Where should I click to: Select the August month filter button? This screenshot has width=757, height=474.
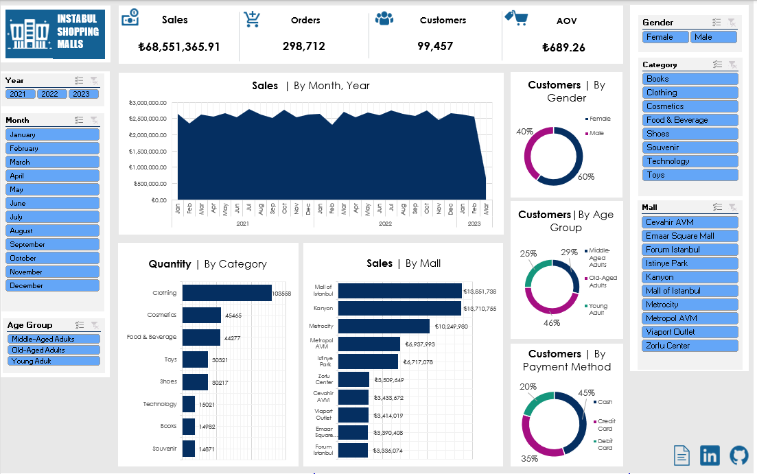(x=52, y=231)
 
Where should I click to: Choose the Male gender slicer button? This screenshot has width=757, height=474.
(x=714, y=37)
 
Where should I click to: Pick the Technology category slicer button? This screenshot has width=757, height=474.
(x=690, y=161)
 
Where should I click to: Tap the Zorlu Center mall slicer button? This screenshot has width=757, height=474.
(x=690, y=346)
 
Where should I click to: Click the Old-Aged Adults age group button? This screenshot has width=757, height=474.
(x=54, y=350)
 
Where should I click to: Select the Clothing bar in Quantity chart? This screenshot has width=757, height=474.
(x=226, y=293)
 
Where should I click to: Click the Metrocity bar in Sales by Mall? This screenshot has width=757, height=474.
(x=384, y=326)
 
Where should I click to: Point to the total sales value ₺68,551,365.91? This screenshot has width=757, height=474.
(x=179, y=47)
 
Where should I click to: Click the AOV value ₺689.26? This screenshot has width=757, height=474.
(x=563, y=47)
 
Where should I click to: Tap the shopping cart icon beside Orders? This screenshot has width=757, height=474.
(x=252, y=20)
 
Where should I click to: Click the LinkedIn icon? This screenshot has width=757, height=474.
(x=710, y=455)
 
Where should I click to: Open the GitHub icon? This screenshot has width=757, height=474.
(x=738, y=455)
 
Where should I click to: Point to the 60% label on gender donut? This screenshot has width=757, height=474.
(x=585, y=177)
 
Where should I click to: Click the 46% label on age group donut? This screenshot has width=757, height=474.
(x=552, y=322)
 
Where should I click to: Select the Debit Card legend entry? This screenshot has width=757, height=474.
(x=604, y=445)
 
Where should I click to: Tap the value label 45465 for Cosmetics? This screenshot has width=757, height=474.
(x=233, y=316)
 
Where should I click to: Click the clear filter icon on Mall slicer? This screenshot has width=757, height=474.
(x=732, y=207)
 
